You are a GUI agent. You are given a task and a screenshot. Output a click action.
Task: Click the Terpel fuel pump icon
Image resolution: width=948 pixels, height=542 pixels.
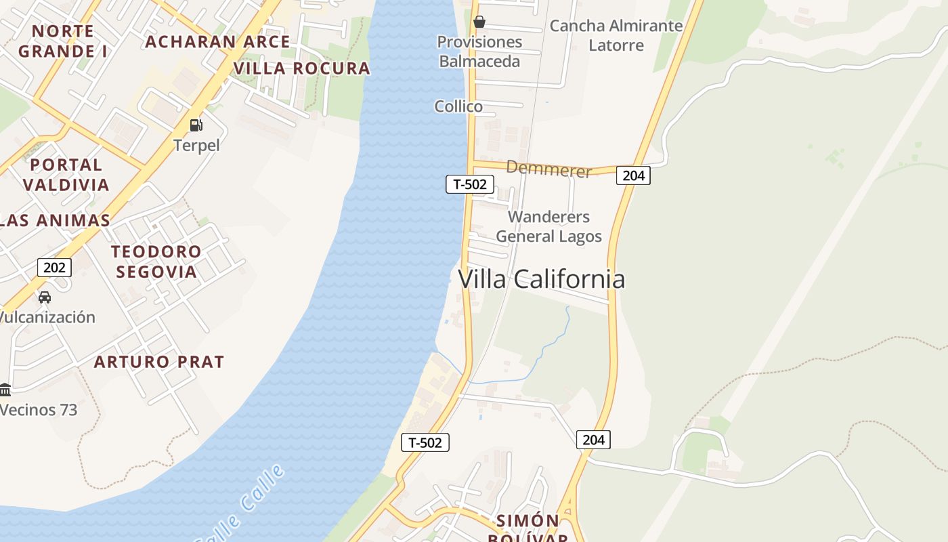(196, 125)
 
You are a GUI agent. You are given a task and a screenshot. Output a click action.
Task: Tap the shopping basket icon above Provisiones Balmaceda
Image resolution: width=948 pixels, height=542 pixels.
(479, 22)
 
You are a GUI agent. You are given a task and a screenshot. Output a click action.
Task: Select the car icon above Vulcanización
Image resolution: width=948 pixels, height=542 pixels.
(45, 297)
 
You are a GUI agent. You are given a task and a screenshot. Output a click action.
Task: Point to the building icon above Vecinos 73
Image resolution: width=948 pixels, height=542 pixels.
(5, 390)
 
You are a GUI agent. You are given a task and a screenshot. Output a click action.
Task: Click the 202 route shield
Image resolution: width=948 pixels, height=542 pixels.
(54, 267)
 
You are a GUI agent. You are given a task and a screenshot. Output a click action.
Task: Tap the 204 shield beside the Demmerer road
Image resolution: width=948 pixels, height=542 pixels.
(633, 175)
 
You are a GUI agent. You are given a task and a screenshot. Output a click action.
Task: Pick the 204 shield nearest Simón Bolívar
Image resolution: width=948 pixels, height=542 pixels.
(593, 439)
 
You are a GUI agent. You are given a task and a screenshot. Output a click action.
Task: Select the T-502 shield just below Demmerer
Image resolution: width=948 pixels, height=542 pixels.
(469, 184)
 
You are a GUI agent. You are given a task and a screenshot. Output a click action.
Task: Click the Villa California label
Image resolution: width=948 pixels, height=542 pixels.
(542, 279)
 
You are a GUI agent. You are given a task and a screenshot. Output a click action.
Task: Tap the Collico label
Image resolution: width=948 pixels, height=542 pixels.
(458, 106)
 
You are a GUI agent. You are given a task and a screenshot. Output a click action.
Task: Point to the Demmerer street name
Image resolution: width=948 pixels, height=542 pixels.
(548, 169)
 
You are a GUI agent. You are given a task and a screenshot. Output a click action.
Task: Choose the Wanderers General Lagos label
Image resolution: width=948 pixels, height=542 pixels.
(548, 226)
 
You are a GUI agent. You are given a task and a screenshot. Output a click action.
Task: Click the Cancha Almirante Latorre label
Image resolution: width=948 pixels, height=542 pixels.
(616, 35)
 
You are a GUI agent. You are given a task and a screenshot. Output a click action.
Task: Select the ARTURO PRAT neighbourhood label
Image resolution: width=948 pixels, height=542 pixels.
(159, 362)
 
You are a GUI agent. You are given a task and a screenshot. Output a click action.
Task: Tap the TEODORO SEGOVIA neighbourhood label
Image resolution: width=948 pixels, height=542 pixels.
(156, 262)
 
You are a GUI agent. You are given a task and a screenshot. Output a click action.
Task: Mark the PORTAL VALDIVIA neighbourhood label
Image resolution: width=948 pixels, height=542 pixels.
(66, 175)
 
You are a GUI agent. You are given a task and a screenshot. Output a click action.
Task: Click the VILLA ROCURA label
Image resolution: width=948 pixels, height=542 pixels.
(302, 68)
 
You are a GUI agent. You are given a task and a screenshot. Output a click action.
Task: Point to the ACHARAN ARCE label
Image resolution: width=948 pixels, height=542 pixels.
(217, 42)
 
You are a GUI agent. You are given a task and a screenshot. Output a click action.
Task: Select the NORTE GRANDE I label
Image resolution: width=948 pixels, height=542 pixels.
(62, 41)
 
